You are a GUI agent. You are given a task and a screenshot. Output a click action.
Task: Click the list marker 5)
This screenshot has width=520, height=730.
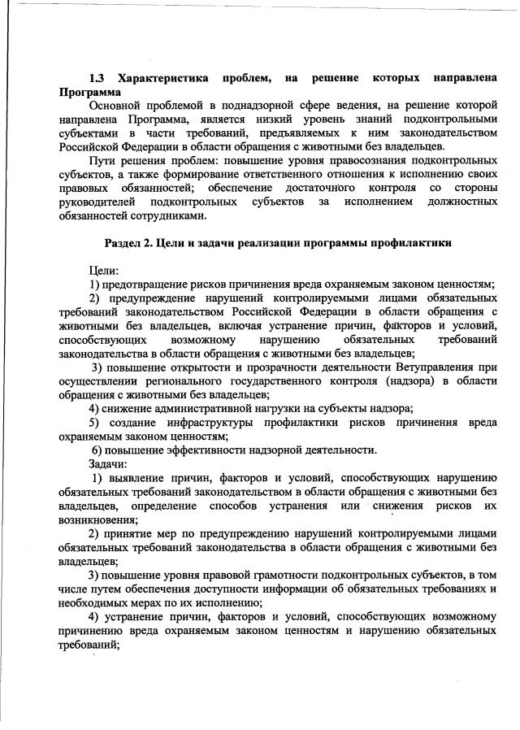click(x=97, y=422)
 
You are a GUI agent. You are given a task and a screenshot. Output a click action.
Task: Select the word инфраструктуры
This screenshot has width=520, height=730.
click(x=212, y=422)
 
